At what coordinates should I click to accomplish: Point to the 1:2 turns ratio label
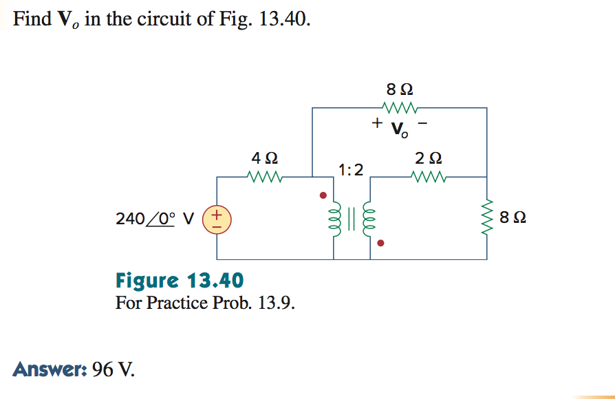coord(351,169)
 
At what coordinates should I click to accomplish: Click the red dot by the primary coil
coord(322,195)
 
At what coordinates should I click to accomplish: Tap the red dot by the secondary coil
coord(382,243)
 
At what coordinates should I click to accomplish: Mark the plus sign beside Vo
coord(376,124)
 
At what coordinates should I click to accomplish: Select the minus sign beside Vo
coord(424,124)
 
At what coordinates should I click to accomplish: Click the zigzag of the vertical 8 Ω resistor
coord(488,217)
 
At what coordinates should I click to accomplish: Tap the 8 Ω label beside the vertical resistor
coord(514,218)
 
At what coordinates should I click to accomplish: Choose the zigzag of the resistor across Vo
coord(400,107)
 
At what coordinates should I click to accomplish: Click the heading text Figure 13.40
coord(179,281)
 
